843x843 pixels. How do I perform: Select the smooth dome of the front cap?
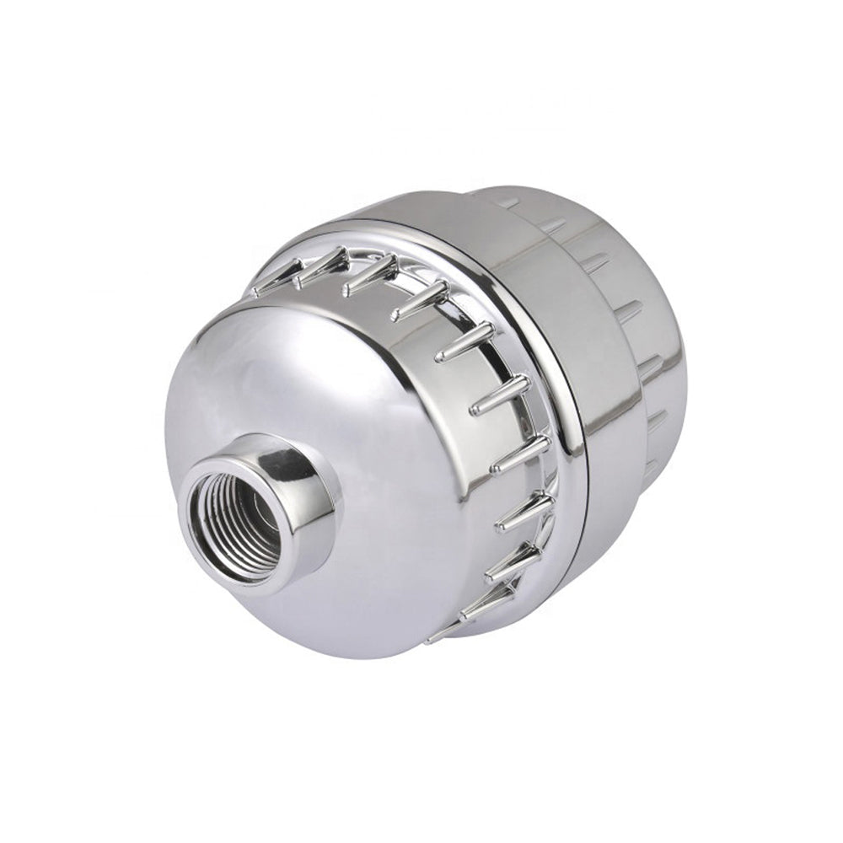253,379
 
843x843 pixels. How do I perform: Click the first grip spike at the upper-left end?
274,282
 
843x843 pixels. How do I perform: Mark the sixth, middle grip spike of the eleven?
499,396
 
